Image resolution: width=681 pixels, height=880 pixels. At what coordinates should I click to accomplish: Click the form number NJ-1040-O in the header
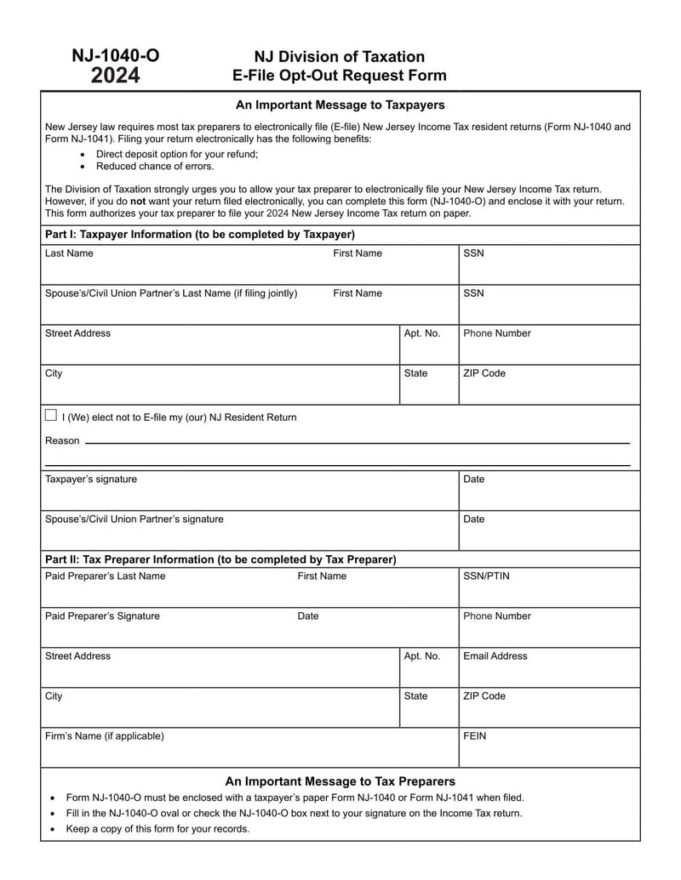tap(115, 57)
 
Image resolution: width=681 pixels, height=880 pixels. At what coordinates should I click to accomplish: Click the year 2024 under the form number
tap(115, 77)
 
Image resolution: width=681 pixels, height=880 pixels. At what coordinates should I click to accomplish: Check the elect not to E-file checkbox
tap(51, 416)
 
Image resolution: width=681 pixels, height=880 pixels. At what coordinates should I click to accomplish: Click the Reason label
tap(62, 440)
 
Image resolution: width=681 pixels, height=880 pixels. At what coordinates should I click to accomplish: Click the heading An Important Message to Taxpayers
tap(340, 105)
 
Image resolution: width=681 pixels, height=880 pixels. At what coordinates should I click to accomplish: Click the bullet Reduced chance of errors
tap(155, 167)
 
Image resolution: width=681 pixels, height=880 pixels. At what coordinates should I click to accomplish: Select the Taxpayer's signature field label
tap(90, 480)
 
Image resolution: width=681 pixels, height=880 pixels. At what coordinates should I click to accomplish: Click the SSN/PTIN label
tap(487, 576)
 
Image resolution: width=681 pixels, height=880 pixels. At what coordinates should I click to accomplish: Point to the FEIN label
tap(475, 736)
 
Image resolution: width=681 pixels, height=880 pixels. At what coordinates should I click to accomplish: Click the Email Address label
tap(495, 656)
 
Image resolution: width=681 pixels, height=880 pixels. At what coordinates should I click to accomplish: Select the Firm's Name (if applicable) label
tap(104, 736)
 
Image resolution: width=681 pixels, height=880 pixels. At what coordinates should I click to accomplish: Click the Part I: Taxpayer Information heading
tap(199, 235)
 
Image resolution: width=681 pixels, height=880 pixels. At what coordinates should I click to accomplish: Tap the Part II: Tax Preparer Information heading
tap(220, 559)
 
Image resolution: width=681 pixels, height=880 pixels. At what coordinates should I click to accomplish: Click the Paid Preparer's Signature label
tap(102, 616)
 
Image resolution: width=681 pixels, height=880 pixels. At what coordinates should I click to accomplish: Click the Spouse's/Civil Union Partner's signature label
tap(134, 519)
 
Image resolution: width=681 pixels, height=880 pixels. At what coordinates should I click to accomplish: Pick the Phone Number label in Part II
tap(496, 616)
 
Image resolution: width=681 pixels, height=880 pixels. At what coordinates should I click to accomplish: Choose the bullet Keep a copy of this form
tap(157, 829)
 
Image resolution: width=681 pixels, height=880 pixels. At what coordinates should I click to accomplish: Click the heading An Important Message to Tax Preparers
tap(340, 781)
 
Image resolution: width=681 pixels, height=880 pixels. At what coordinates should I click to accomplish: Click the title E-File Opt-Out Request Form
tap(340, 76)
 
